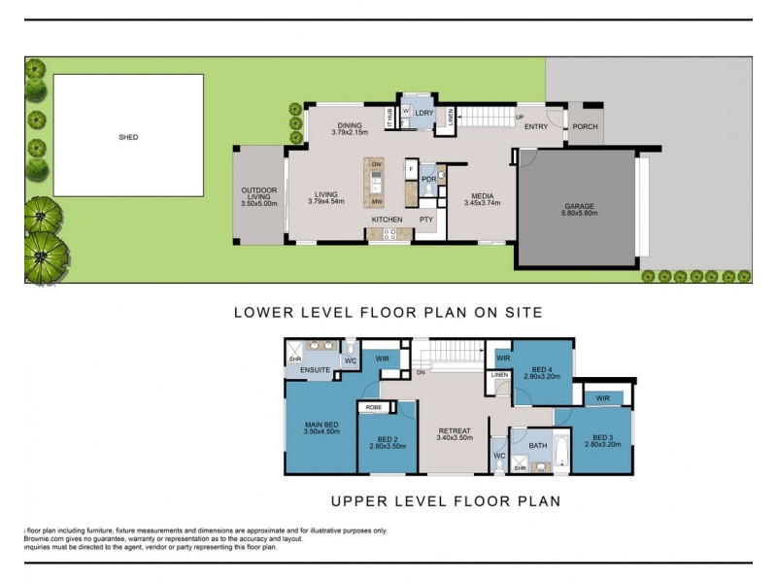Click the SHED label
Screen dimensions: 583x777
(x=128, y=137)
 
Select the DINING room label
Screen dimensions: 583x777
(x=349, y=125)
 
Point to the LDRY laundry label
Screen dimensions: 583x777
(x=423, y=114)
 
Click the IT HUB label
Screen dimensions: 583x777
(x=390, y=118)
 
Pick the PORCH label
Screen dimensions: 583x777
(x=586, y=126)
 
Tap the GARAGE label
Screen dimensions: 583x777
(x=579, y=206)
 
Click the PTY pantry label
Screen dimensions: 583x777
(x=426, y=220)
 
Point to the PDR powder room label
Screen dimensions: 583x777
(x=427, y=180)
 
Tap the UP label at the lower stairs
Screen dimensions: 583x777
(x=520, y=117)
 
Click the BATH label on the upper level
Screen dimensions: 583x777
(x=538, y=445)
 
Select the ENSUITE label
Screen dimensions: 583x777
(x=316, y=370)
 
